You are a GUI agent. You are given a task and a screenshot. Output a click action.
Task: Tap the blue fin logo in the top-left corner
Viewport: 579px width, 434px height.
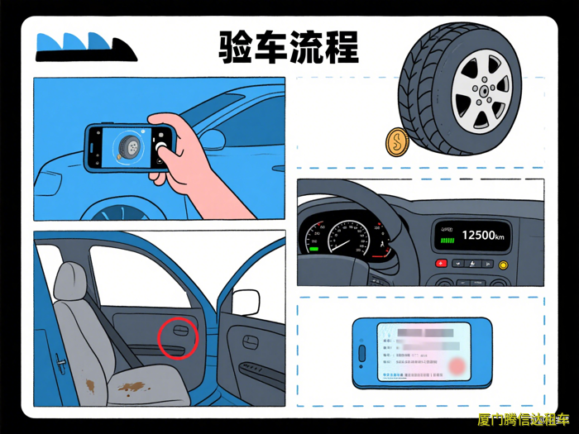pos(83,47)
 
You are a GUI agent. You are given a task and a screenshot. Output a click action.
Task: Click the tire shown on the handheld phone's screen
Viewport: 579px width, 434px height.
pos(127,147)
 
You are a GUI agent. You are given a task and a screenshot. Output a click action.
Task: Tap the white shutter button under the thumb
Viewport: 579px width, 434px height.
pos(161,150)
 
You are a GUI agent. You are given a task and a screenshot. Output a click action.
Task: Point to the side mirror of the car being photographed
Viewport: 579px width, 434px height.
pos(213,139)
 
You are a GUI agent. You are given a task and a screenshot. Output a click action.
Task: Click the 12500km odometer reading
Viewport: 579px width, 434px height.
pos(485,235)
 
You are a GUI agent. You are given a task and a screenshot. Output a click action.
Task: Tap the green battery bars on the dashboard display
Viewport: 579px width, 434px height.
pos(447,241)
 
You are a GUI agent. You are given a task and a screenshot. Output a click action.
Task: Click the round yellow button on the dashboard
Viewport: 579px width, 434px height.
pos(502,265)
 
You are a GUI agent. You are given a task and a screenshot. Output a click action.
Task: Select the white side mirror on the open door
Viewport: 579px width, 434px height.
pos(246,302)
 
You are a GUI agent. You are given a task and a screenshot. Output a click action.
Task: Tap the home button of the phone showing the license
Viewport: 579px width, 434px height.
pos(361,354)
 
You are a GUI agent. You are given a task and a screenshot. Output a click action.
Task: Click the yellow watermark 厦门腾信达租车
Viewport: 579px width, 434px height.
pos(523,420)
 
